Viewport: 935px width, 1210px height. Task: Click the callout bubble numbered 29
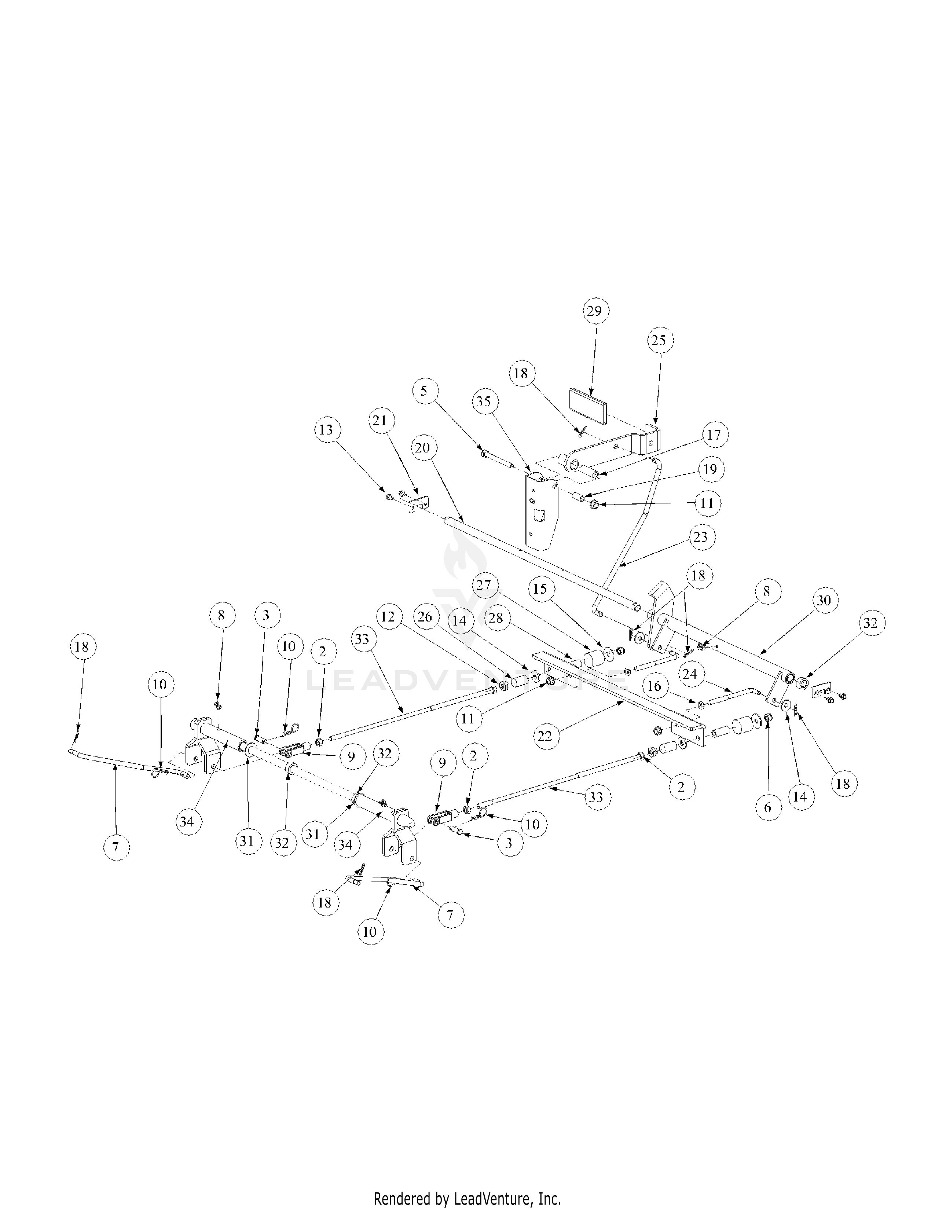pyautogui.click(x=594, y=311)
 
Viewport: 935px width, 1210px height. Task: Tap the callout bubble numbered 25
pyautogui.click(x=659, y=340)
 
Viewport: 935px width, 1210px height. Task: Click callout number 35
pyautogui.click(x=484, y=401)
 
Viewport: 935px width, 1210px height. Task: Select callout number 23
pyautogui.click(x=701, y=538)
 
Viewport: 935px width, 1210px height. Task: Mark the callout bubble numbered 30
pyautogui.click(x=824, y=601)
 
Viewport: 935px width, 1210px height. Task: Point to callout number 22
pyautogui.click(x=545, y=736)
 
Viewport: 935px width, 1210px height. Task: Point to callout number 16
pyautogui.click(x=655, y=686)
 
